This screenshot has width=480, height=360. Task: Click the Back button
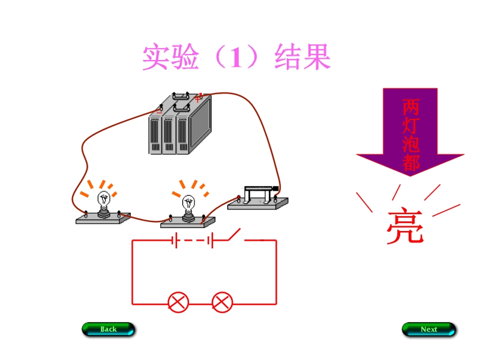[x=108, y=329]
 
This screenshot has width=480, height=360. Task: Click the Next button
[x=428, y=329]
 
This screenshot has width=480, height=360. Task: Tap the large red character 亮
[x=404, y=227]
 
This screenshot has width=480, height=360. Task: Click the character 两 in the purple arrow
[x=411, y=107]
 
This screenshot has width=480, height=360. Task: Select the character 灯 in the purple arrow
[x=411, y=126]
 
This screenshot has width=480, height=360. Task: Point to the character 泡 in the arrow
[x=411, y=144]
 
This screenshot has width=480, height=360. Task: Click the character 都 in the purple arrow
[x=411, y=162]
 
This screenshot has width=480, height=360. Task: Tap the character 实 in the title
[x=155, y=58]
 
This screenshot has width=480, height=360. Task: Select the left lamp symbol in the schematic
[x=178, y=302]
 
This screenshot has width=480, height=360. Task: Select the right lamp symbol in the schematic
[x=223, y=302]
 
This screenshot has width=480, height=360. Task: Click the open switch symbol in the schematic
[x=235, y=235]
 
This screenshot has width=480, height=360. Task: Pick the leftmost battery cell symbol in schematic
[x=174, y=241]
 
